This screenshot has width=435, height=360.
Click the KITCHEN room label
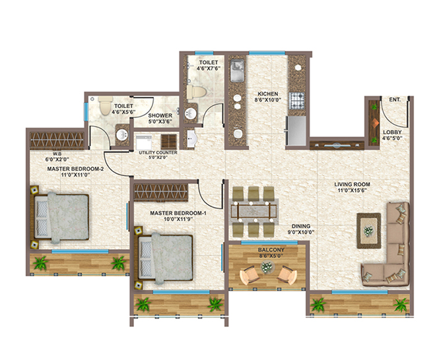tap(268, 94)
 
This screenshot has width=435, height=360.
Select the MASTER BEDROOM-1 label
tap(178, 214)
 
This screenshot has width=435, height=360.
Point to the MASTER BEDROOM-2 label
tap(76, 169)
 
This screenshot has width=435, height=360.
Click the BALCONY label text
tap(267, 250)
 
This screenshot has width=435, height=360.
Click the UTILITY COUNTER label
tap(156, 152)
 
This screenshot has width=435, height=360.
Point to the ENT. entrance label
tap(395, 100)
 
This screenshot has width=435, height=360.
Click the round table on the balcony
tap(267, 267)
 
